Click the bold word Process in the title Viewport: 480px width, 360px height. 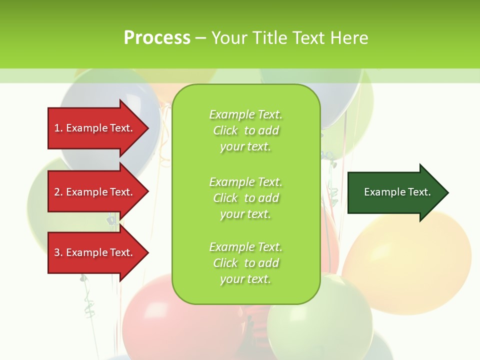(x=157, y=38)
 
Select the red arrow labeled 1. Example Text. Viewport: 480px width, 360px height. (x=95, y=128)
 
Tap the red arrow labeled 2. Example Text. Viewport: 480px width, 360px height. (x=95, y=192)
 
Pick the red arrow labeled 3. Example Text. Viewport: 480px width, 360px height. (x=95, y=252)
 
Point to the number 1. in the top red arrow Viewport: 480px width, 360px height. (x=58, y=128)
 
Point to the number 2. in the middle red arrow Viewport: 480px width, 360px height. (x=58, y=192)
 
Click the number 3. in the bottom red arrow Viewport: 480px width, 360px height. (x=58, y=252)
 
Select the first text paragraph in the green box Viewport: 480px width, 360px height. (x=245, y=130)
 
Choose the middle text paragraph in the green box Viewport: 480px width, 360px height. (x=245, y=198)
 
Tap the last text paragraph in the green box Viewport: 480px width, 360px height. (x=245, y=263)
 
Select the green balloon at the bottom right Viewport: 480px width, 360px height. (x=320, y=325)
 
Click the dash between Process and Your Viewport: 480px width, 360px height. (x=200, y=38)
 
